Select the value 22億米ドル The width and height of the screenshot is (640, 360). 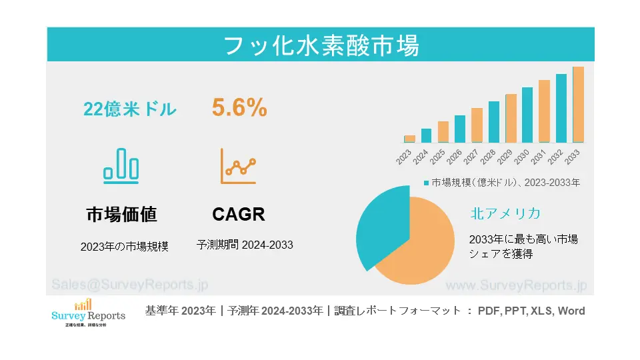pyautogui.click(x=130, y=109)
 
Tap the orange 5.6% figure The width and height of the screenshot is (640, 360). pyautogui.click(x=239, y=107)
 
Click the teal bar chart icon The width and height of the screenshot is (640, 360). pyautogui.click(x=121, y=165)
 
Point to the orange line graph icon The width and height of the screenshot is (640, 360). pyautogui.click(x=239, y=166)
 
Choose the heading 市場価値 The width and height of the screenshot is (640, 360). pyautogui.click(x=121, y=215)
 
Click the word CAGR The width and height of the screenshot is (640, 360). pyautogui.click(x=239, y=215)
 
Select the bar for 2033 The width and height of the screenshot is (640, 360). pyautogui.click(x=578, y=105)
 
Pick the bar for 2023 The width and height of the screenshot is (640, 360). pyautogui.click(x=409, y=139)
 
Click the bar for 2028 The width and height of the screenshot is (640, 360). pyautogui.click(x=493, y=121)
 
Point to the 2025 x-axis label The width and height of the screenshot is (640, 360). pyautogui.click(x=437, y=157)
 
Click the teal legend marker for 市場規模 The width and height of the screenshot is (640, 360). pyautogui.click(x=427, y=182)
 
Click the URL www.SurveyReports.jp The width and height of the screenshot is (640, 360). pyautogui.click(x=515, y=285)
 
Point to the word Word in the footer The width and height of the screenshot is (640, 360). pyautogui.click(x=571, y=311)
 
